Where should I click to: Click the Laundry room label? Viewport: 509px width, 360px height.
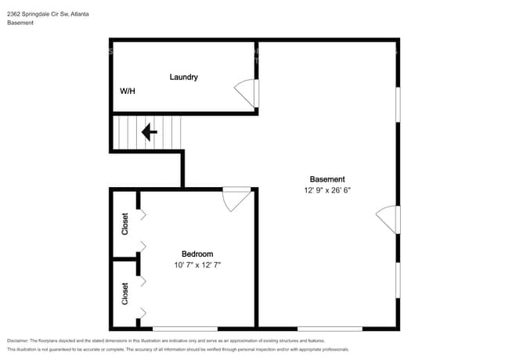pos(184,77)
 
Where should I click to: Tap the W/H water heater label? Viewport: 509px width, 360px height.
pos(127,91)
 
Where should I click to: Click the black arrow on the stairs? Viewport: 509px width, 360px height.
pos(150,132)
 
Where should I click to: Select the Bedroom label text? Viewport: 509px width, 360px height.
pos(197,254)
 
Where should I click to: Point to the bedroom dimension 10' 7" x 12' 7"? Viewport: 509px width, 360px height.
pos(197,265)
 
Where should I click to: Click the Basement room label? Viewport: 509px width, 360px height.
pos(327,179)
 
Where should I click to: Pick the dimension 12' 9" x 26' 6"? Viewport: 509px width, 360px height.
pos(327,190)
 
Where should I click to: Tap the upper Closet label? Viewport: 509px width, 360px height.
pos(125,224)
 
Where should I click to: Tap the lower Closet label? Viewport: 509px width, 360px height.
pos(125,293)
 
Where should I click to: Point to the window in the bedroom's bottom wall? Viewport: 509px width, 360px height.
pos(185,329)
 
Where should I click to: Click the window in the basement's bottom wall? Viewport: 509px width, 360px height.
pos(330,329)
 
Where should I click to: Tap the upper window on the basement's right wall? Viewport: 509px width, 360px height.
pos(398,104)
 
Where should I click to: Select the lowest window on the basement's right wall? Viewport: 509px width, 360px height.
pos(398,280)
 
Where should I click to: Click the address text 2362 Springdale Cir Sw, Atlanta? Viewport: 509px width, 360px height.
pos(48,14)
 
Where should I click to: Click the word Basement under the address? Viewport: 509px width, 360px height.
pos(20,23)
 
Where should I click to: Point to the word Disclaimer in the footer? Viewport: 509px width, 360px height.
pos(18,340)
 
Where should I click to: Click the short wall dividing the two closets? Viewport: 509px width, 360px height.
pos(125,259)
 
